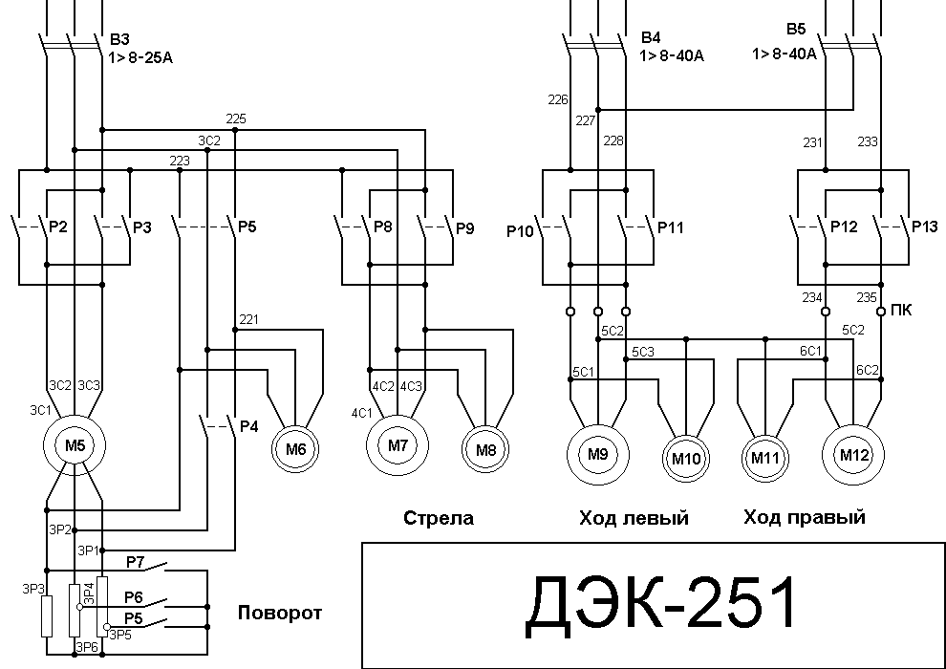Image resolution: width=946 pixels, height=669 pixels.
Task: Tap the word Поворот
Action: click(x=280, y=613)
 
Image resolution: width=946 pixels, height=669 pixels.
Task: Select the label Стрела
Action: click(x=439, y=518)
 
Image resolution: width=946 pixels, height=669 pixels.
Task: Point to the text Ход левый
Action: click(x=634, y=518)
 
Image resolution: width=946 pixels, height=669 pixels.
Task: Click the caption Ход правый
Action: click(x=805, y=518)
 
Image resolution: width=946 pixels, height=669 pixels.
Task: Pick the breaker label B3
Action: click(x=119, y=40)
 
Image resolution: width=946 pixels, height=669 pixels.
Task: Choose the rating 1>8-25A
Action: click(x=140, y=58)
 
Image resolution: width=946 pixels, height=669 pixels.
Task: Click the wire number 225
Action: click(x=236, y=119)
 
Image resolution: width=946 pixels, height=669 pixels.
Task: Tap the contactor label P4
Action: click(x=249, y=426)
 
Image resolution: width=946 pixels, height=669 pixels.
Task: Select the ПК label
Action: click(x=901, y=310)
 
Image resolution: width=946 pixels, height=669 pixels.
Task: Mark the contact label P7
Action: click(x=135, y=562)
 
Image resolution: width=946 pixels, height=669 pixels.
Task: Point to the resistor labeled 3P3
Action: click(x=47, y=615)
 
